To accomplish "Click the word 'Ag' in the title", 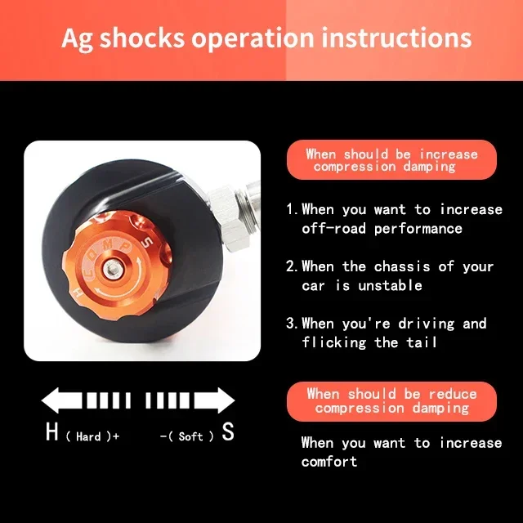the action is pyautogui.click(x=78, y=38).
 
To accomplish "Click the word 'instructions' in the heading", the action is pyautogui.click(x=396, y=37).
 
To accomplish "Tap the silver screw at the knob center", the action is pyautogui.click(x=111, y=268).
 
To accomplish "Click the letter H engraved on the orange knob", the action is pyautogui.click(x=78, y=293).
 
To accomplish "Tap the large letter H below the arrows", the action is pyautogui.click(x=52, y=431).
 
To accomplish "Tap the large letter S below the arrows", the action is pyautogui.click(x=228, y=431).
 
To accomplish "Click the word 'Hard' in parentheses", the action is pyautogui.click(x=88, y=436).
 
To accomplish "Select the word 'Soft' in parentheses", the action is pyautogui.click(x=190, y=436).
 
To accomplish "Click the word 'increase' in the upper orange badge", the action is pyautogui.click(x=449, y=154).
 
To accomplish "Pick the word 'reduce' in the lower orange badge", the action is pyautogui.click(x=453, y=394).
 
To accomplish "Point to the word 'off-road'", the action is pyautogui.click(x=334, y=229).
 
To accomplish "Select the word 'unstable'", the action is pyautogui.click(x=391, y=285).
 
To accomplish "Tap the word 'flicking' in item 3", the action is pyautogui.click(x=334, y=342).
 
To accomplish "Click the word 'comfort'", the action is pyautogui.click(x=329, y=462).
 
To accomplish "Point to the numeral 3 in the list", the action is pyautogui.click(x=290, y=324).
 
